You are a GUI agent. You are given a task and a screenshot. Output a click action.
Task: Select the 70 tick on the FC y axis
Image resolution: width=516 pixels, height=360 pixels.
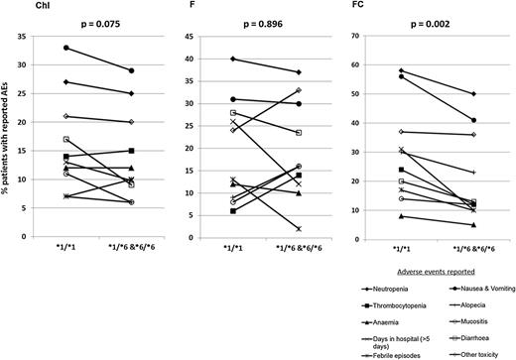pyautogui.click(x=373, y=36)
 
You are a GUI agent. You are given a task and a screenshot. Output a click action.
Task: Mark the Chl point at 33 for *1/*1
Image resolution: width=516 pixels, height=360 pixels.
pyautogui.click(x=65, y=48)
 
